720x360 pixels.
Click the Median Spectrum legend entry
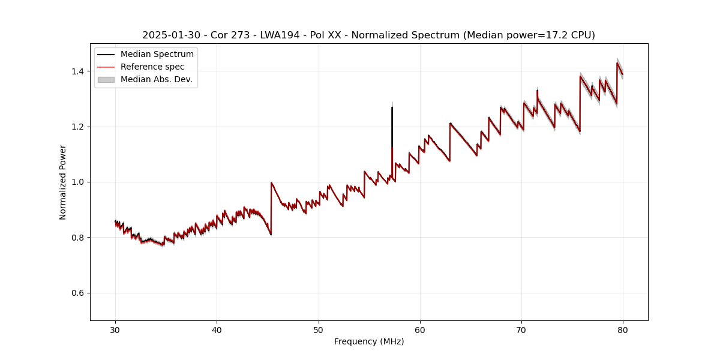[x=157, y=55]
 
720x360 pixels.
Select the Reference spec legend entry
[x=152, y=67]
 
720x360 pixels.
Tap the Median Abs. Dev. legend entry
[x=156, y=79]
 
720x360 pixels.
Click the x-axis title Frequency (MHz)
[x=369, y=341]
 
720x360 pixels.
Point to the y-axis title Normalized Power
[x=63, y=182]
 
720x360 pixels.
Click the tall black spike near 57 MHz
[x=392, y=129]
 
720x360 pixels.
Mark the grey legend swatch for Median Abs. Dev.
[x=106, y=79]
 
